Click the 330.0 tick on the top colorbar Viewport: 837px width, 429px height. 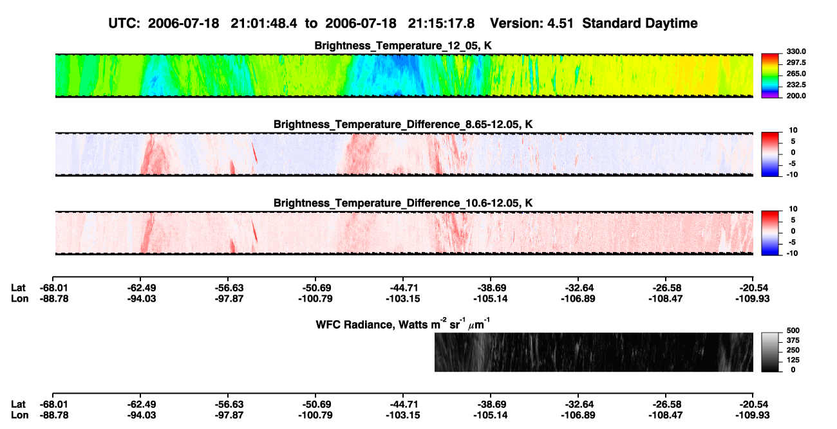click(x=796, y=51)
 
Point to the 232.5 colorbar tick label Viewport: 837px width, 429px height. click(x=796, y=85)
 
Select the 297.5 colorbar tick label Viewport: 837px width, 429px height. click(x=796, y=62)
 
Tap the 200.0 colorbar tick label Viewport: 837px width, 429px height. click(x=796, y=96)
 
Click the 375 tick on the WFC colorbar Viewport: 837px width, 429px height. click(x=793, y=340)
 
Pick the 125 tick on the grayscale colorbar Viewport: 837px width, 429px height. click(x=793, y=360)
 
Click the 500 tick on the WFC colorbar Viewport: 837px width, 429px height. click(x=793, y=331)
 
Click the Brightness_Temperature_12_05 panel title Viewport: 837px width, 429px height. click(x=403, y=46)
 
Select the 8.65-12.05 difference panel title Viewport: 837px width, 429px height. click(x=403, y=124)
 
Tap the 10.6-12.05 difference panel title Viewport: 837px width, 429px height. click(x=403, y=203)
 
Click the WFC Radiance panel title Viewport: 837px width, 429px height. click(x=403, y=324)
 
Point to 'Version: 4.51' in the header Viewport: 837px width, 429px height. click(x=532, y=23)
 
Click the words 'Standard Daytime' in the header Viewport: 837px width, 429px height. click(x=640, y=23)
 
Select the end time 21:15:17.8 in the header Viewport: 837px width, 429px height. click(x=441, y=23)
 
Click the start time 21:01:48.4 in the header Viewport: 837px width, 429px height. click(x=264, y=23)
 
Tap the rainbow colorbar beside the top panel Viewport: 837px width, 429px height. click(x=770, y=76)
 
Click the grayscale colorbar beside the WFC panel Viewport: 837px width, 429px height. click(x=770, y=352)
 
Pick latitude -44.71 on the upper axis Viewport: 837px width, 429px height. click(x=404, y=288)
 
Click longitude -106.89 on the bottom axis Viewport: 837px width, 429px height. click(x=578, y=415)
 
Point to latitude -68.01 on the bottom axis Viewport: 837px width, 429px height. click(x=54, y=405)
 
